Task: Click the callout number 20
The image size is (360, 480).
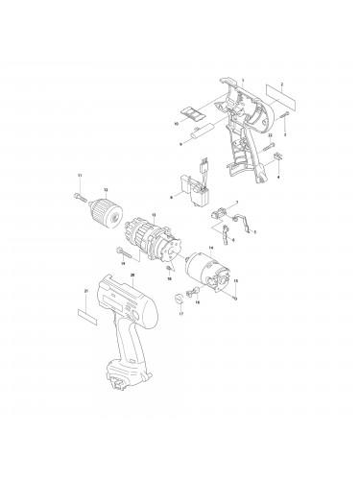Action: click(x=132, y=275)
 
